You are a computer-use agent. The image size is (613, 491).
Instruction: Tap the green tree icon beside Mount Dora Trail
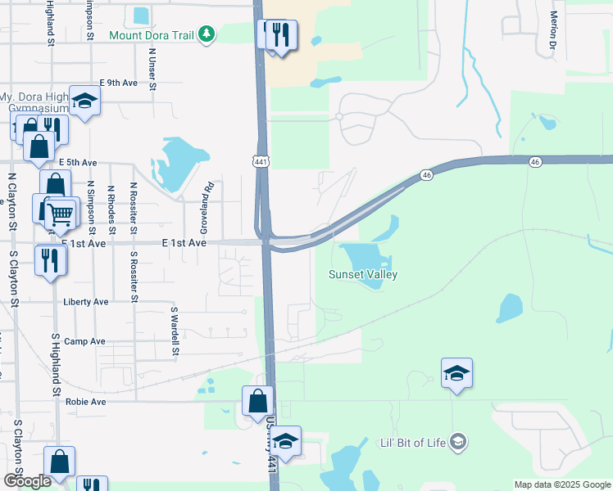[x=208, y=34]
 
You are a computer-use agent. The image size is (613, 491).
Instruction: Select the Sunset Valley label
[x=363, y=275]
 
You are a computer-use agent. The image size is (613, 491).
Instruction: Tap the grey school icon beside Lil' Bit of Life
[x=459, y=443]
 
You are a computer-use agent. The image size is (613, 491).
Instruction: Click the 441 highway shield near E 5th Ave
[x=260, y=163]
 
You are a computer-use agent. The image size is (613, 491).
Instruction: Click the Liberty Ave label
[x=86, y=302]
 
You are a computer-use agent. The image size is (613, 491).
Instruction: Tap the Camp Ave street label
[x=85, y=341]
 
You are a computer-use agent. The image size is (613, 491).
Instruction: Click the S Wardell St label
[x=174, y=331]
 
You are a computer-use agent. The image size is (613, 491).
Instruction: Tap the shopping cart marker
[x=60, y=214]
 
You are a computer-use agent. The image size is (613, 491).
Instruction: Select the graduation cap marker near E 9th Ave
[x=84, y=101]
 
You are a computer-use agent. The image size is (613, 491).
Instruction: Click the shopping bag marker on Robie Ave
[x=257, y=401]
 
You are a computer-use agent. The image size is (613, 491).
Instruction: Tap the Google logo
[x=27, y=481]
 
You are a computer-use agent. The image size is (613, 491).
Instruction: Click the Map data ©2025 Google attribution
[x=562, y=484]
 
